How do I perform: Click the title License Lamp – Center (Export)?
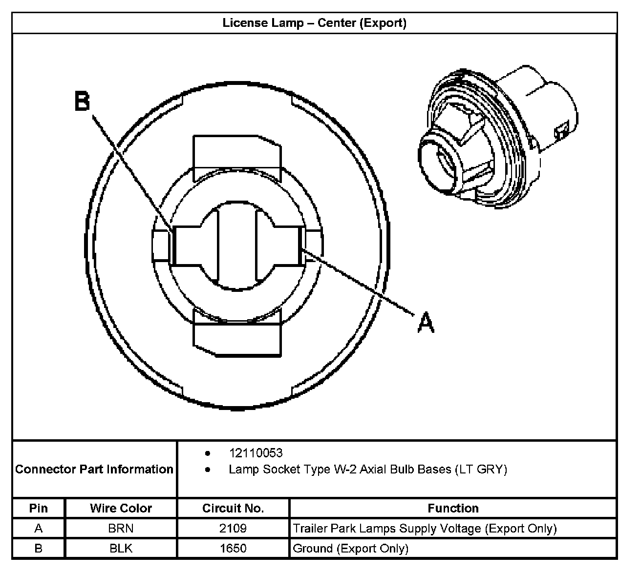coord(314,23)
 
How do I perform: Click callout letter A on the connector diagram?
coord(426,323)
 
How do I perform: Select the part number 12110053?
coord(256,453)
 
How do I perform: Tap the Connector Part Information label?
coord(94,469)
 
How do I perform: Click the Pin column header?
coord(39,508)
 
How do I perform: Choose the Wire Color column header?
coord(121,508)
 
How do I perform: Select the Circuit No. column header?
coord(233,508)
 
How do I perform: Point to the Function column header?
coord(453,508)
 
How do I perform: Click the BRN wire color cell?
coord(121,528)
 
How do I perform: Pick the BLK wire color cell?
coord(121,548)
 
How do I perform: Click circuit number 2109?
coord(233,528)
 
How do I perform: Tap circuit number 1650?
coord(233,548)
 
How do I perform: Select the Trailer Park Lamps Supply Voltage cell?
coord(424,528)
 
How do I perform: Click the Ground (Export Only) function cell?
coord(350,548)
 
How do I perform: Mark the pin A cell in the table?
coord(39,528)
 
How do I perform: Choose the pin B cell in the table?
coord(39,548)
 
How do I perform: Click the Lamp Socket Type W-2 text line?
coord(367,470)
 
